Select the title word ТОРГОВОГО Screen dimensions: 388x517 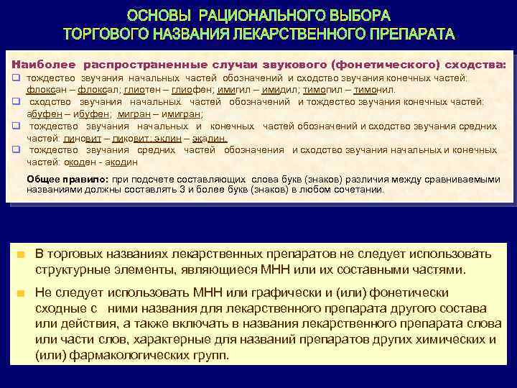[101, 34]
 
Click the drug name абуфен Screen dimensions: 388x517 [42, 114]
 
